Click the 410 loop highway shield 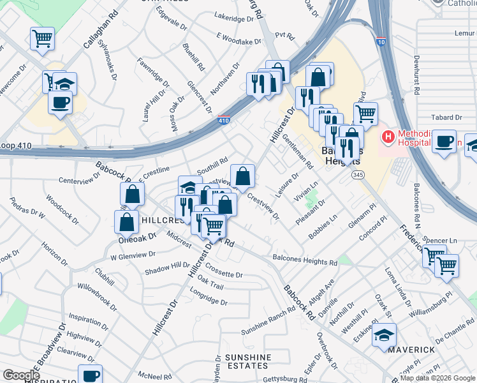224,120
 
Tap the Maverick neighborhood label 417,350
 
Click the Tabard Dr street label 446,118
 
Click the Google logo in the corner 20,375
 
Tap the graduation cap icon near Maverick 385,334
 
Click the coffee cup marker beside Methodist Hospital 444,142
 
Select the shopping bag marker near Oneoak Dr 127,222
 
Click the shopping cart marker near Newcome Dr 42,38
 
